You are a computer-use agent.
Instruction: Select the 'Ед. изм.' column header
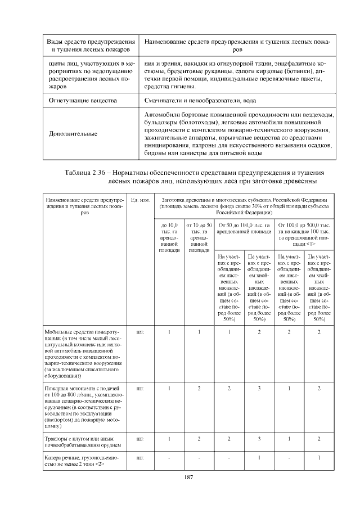click(139, 200)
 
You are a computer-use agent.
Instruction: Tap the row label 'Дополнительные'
click(73, 134)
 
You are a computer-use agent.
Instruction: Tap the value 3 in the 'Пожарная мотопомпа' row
click(259, 389)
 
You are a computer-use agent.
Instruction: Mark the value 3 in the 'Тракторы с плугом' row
click(259, 438)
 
